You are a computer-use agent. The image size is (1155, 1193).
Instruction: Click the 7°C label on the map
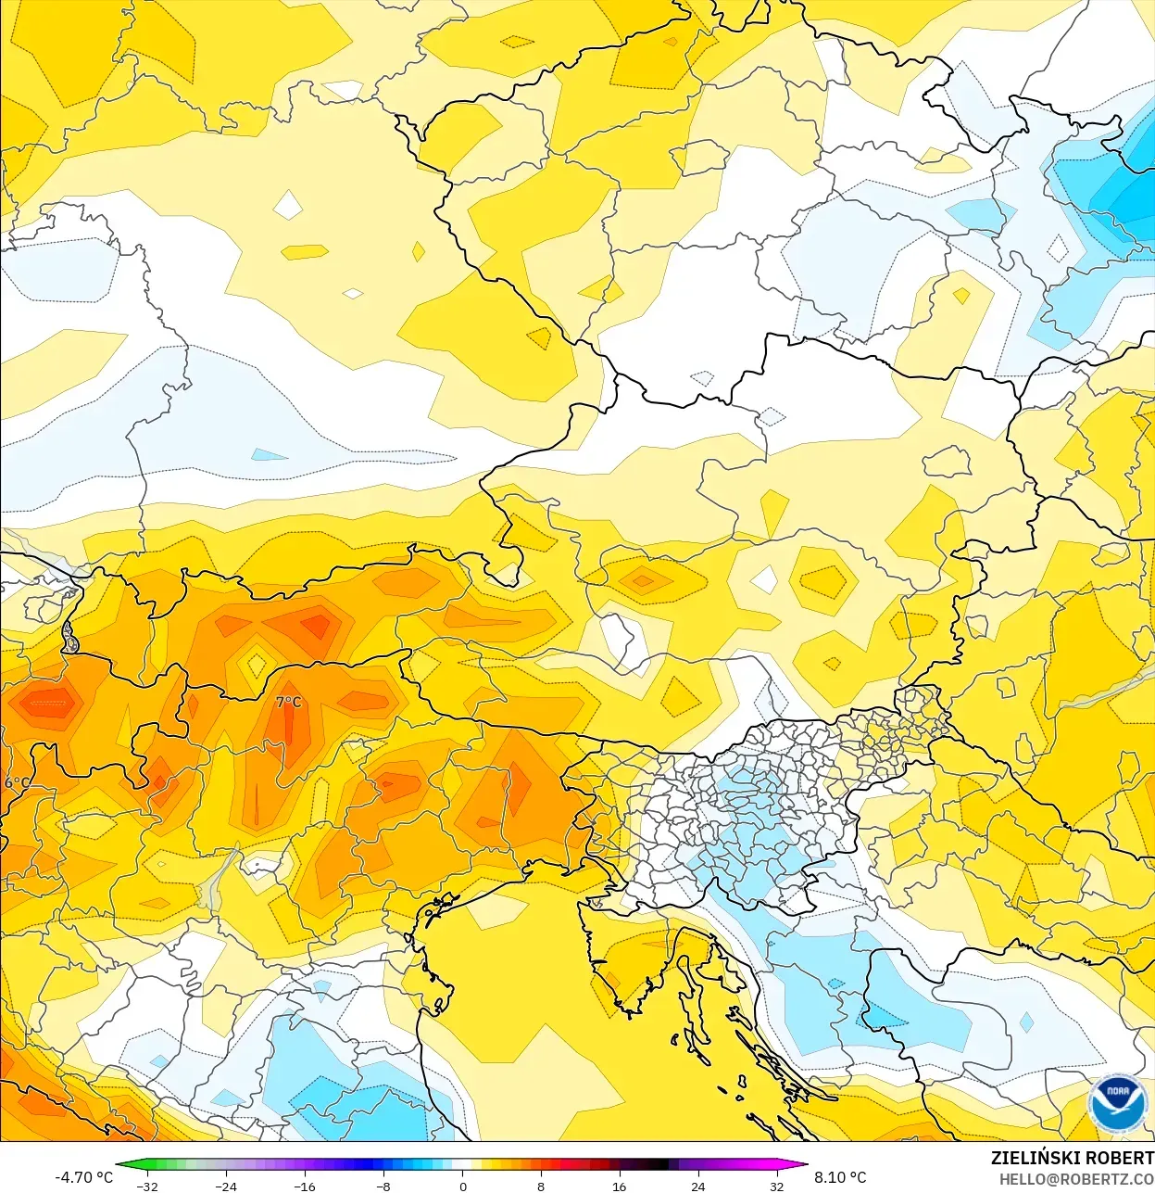click(289, 702)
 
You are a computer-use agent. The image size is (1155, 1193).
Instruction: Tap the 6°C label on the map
click(16, 782)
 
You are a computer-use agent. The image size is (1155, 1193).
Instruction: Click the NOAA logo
click(1118, 1103)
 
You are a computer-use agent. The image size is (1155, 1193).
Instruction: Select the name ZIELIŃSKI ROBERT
click(1072, 1158)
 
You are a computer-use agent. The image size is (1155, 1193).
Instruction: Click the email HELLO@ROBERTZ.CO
click(1076, 1179)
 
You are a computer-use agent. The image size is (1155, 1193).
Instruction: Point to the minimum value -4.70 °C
click(84, 1177)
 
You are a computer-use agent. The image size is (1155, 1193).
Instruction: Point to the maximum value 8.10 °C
click(840, 1177)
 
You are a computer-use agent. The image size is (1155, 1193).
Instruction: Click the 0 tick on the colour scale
click(462, 1187)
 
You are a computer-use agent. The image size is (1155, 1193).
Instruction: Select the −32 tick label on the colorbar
click(147, 1187)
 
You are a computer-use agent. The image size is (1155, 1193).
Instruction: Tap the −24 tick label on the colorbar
click(226, 1187)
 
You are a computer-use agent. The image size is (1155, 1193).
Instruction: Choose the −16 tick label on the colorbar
click(305, 1187)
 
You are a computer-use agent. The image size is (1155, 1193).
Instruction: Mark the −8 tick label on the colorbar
click(383, 1187)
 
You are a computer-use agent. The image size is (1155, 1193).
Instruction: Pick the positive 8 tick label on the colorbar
click(541, 1187)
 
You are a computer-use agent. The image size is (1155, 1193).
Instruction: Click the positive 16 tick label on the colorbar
click(619, 1187)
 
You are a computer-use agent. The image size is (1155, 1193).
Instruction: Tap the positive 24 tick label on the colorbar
click(697, 1187)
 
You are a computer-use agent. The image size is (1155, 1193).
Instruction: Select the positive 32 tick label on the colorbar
click(776, 1187)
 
